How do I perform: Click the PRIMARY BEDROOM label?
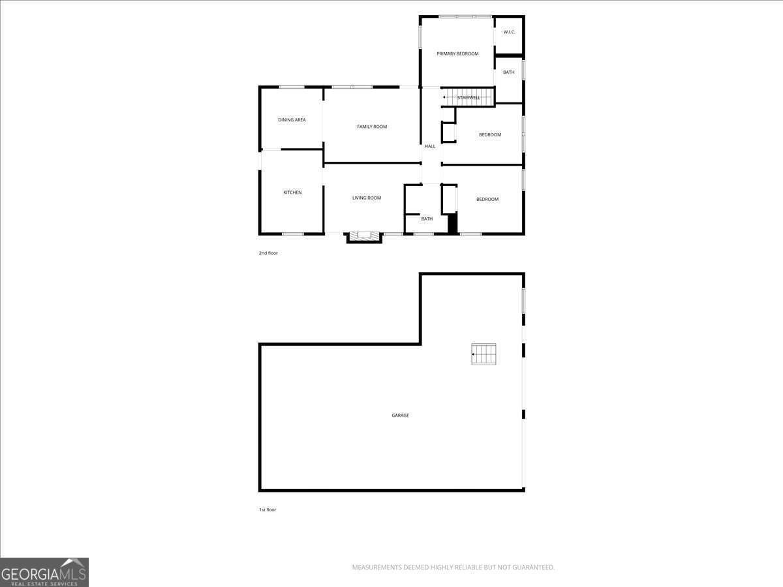457,53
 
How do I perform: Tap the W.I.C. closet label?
510,32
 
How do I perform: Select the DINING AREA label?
292,120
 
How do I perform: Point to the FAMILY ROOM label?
372,127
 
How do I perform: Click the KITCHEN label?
292,192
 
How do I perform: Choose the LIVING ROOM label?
367,198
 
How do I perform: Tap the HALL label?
430,147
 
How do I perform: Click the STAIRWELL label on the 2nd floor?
468,98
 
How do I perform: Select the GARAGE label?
401,415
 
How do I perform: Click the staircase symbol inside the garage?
484,354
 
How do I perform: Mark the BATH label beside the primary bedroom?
509,72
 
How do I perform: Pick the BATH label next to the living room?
427,219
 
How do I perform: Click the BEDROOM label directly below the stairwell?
490,135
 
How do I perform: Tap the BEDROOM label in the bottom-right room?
487,200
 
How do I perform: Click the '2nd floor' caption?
268,253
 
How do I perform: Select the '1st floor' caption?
268,510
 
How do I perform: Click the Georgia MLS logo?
44,572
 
